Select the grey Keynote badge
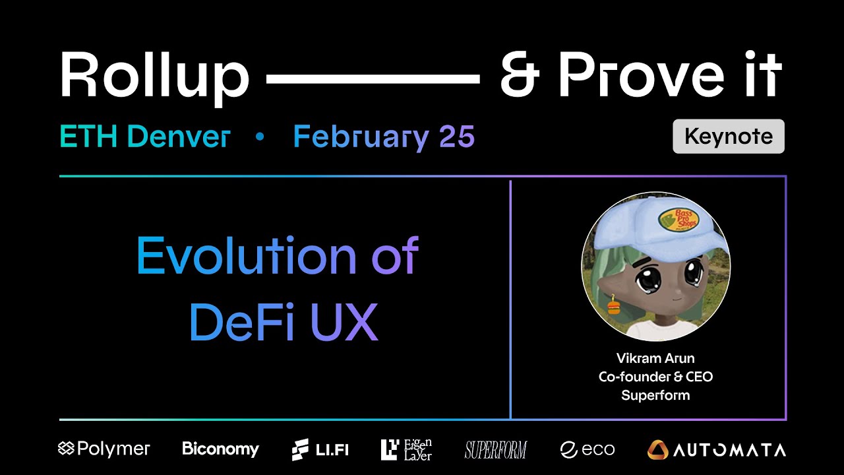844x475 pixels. tap(728, 137)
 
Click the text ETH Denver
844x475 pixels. tap(144, 137)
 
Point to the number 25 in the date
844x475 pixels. tap(456, 137)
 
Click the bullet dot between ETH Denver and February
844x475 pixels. tap(260, 137)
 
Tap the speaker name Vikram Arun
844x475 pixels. tap(655, 359)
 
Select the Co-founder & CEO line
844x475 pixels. tap(655, 377)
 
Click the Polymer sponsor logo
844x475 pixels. tap(104, 449)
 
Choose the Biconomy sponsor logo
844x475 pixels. tap(220, 449)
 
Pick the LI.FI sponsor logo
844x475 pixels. tap(320, 450)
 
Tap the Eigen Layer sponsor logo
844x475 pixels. tap(406, 449)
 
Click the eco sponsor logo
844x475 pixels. tap(587, 450)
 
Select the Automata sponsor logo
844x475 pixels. tap(717, 450)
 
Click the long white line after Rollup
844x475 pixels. tap(373, 79)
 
